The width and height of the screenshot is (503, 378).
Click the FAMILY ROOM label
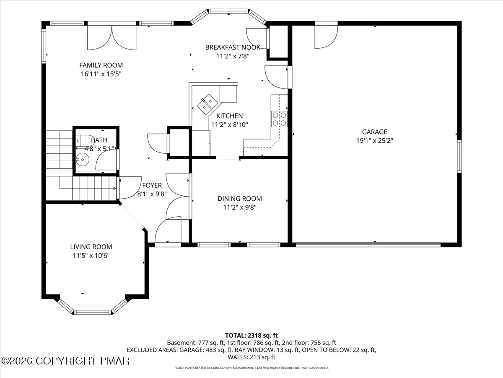pyautogui.click(x=101, y=65)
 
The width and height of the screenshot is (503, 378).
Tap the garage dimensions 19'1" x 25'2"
pyautogui.click(x=374, y=140)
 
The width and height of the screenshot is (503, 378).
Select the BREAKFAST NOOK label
pyautogui.click(x=233, y=47)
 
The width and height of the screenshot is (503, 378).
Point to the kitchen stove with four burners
pyautogui.click(x=279, y=119)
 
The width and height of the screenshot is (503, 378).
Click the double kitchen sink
pyautogui.click(x=207, y=104)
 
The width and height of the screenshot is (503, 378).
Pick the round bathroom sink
pyautogui.click(x=83, y=160)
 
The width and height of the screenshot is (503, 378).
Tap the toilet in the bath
pyautogui.click(x=83, y=139)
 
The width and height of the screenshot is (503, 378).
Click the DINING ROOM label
pyautogui.click(x=240, y=199)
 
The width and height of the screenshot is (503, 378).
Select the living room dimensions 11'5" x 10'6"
pyautogui.click(x=91, y=255)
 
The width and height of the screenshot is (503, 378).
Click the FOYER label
pyautogui.click(x=152, y=185)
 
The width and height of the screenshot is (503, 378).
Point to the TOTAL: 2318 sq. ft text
pyautogui.click(x=251, y=336)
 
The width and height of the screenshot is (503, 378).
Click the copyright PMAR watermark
pyautogui.click(x=65, y=361)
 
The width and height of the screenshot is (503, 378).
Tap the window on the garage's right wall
pyautogui.click(x=459, y=157)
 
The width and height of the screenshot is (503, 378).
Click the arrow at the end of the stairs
pyautogui.click(x=114, y=188)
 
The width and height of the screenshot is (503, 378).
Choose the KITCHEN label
pyautogui.click(x=229, y=116)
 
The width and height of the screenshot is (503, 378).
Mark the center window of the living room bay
pyautogui.click(x=93, y=312)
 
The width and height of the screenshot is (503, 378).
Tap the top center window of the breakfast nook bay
pyautogui.click(x=228, y=11)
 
